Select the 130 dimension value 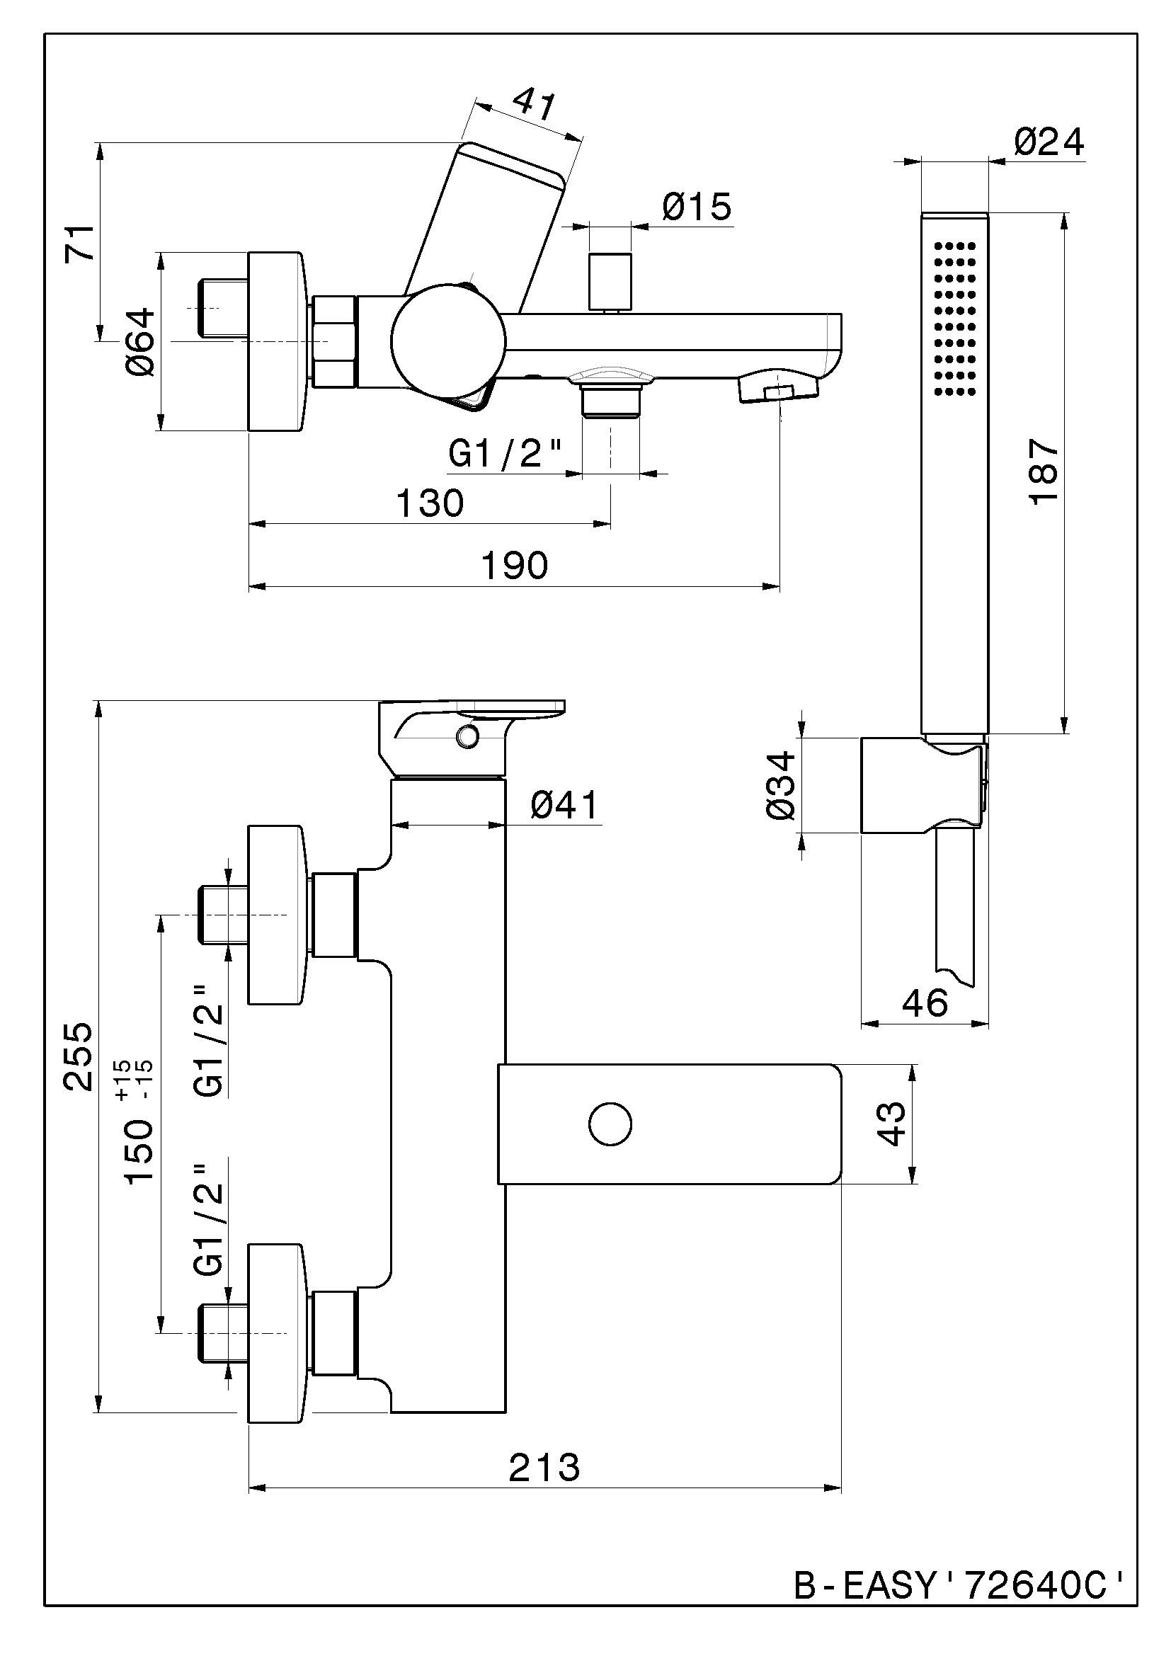(430, 503)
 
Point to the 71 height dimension (81, 242)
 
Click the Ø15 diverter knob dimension (697, 207)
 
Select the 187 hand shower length (1044, 472)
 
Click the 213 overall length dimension (544, 1467)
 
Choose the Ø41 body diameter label (564, 805)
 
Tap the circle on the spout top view (610, 1124)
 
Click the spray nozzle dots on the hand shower (955, 318)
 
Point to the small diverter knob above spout (610, 281)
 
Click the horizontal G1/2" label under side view (505, 455)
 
